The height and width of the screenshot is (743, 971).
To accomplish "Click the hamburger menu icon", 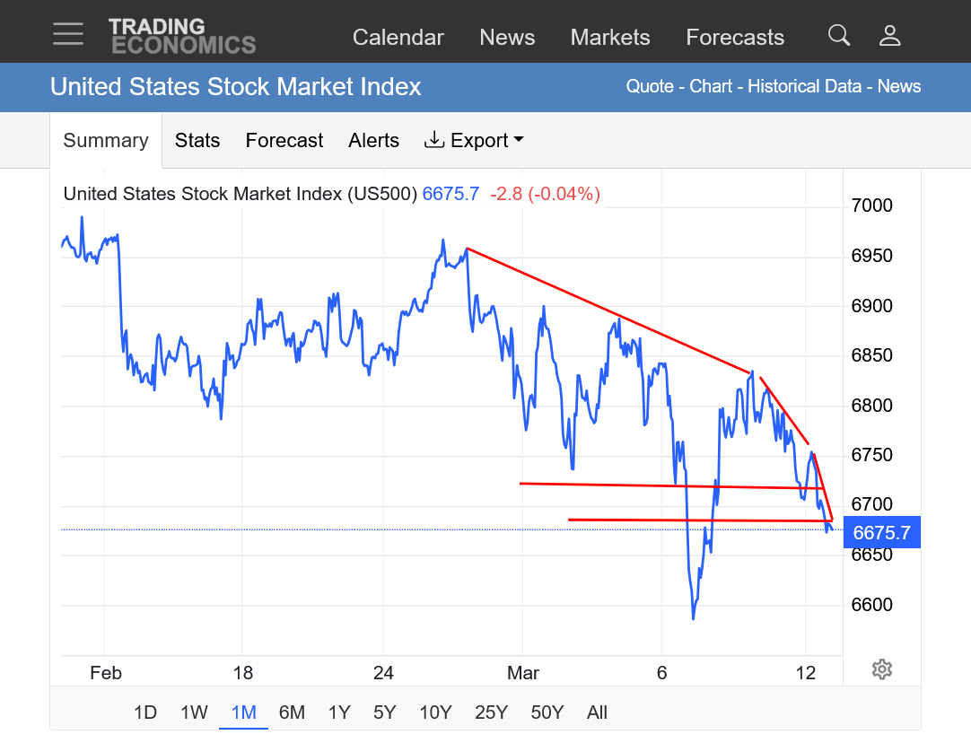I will click(x=68, y=34).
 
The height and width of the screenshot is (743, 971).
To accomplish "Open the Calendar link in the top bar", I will click(x=398, y=38).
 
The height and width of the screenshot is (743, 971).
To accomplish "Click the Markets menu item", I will click(x=610, y=38).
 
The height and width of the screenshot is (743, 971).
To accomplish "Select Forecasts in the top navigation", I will click(x=735, y=38).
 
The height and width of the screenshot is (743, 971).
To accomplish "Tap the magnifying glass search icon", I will click(x=839, y=36).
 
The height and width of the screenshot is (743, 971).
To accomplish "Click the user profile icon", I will click(x=889, y=36).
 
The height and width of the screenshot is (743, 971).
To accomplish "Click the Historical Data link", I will click(x=805, y=87).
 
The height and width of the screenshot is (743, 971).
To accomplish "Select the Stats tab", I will click(x=197, y=141).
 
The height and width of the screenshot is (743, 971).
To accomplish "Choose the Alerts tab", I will click(x=373, y=141).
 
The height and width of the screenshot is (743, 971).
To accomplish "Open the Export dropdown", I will click(x=474, y=141).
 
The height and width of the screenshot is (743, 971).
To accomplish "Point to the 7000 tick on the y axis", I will click(x=871, y=206).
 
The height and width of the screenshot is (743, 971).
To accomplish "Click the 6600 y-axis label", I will click(x=871, y=606).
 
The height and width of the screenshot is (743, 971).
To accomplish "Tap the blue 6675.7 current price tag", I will click(x=881, y=533).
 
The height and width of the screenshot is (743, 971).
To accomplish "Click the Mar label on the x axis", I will click(x=523, y=673).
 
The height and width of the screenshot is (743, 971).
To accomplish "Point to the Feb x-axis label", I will click(x=106, y=673).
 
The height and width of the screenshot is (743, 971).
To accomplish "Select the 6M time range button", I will click(x=292, y=712).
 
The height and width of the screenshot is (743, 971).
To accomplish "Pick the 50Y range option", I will click(x=547, y=712).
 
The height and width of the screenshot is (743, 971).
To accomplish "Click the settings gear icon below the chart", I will click(x=881, y=669).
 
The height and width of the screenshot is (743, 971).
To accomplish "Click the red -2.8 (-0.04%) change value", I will click(x=545, y=194).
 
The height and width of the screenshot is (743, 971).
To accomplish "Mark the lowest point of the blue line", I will click(x=694, y=619).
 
